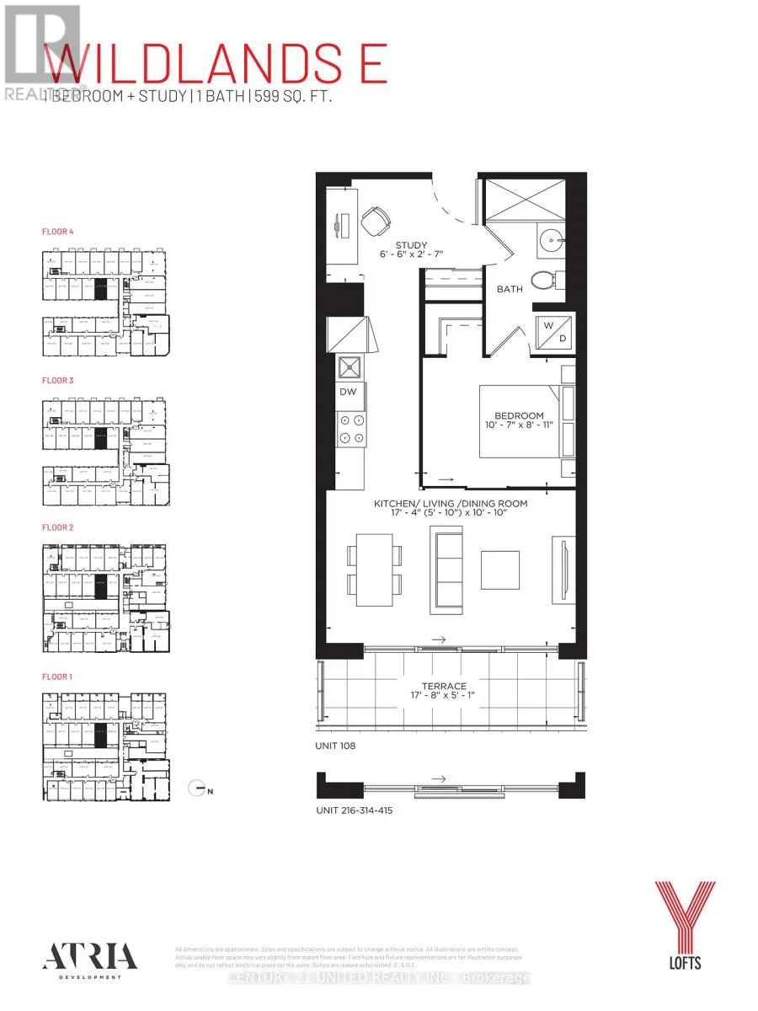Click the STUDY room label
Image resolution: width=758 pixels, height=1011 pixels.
(x=388, y=247)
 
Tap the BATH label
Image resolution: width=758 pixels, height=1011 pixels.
(x=509, y=288)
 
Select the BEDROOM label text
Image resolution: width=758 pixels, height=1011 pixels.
(x=519, y=415)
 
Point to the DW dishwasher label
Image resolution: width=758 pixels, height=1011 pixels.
(x=348, y=391)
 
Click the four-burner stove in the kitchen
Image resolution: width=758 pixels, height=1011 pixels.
(x=351, y=429)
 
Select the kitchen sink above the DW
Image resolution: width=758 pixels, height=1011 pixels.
(x=350, y=368)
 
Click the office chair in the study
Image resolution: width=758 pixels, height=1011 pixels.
(x=376, y=222)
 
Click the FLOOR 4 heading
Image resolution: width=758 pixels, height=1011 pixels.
(x=58, y=230)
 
